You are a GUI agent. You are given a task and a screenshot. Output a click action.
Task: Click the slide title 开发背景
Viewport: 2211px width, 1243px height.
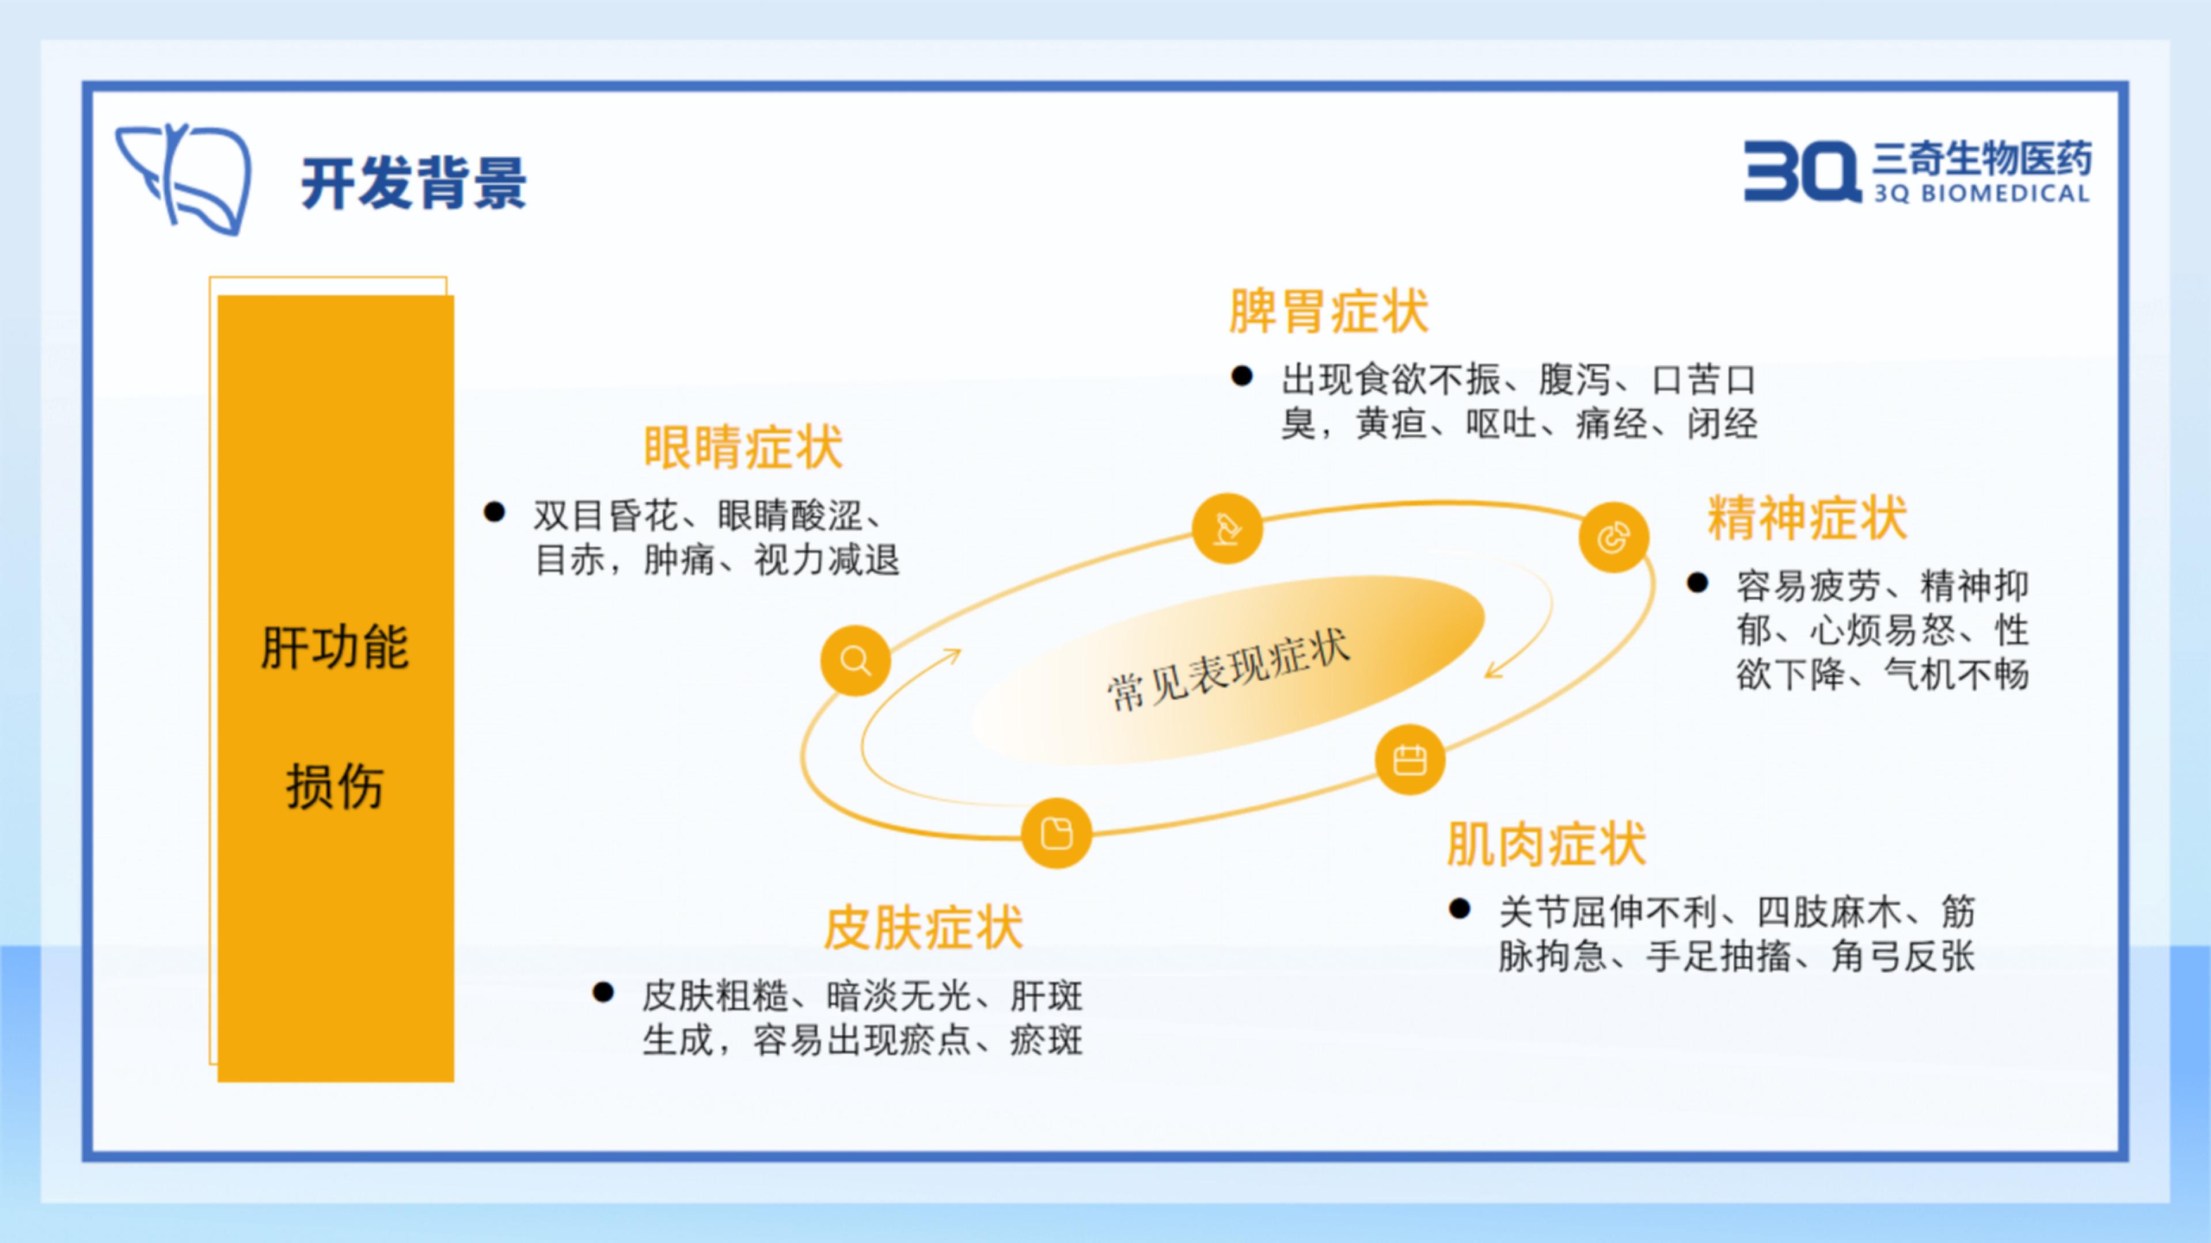tap(414, 183)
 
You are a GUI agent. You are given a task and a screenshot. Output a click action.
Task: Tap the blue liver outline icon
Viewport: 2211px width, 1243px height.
tap(184, 178)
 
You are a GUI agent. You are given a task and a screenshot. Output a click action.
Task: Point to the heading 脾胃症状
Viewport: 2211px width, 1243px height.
tap(1329, 311)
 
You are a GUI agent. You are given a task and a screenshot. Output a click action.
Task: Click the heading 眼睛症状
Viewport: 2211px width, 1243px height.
tap(743, 447)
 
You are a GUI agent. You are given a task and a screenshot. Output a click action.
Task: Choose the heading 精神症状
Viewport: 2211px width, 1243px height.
tap(1807, 518)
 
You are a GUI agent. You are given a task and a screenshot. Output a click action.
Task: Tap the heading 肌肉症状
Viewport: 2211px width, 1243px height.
tap(1547, 844)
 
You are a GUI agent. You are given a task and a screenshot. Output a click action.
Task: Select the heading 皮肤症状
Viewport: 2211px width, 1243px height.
tap(924, 928)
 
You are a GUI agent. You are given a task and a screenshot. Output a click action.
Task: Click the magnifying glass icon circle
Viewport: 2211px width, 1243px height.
tap(855, 661)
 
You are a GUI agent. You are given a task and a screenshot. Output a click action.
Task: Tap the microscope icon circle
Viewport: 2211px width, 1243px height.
tap(1228, 528)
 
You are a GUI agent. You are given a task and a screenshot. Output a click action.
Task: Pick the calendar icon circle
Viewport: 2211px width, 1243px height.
tap(1410, 760)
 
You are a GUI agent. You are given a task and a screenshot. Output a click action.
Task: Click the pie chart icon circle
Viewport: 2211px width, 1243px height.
tap(1613, 538)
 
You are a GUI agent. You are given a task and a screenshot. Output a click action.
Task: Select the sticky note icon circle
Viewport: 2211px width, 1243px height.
tap(1057, 833)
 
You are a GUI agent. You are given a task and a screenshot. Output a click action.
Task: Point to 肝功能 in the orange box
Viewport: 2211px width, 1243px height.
tap(335, 647)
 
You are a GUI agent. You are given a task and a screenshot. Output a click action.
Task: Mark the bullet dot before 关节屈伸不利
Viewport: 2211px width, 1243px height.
tap(1459, 909)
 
